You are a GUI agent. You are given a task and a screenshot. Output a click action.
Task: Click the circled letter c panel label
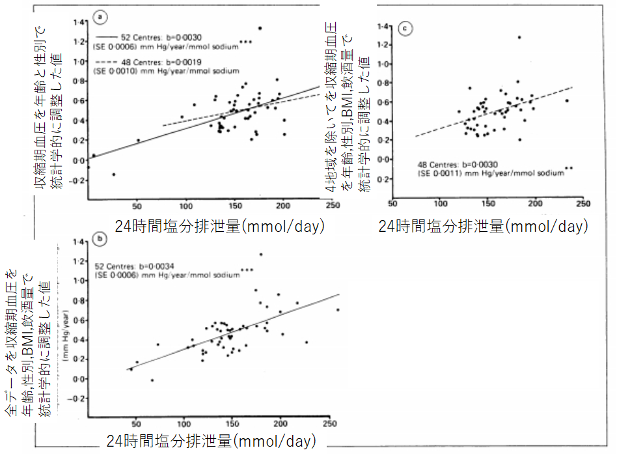click(x=405, y=29)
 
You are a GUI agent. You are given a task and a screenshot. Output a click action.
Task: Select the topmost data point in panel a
click(x=260, y=28)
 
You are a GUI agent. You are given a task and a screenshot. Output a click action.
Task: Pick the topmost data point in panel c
click(x=519, y=37)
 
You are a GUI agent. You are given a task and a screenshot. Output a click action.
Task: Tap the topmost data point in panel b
click(x=261, y=254)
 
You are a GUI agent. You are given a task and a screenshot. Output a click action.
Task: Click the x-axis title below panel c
click(x=483, y=226)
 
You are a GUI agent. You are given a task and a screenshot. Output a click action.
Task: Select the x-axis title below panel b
click(x=212, y=441)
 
